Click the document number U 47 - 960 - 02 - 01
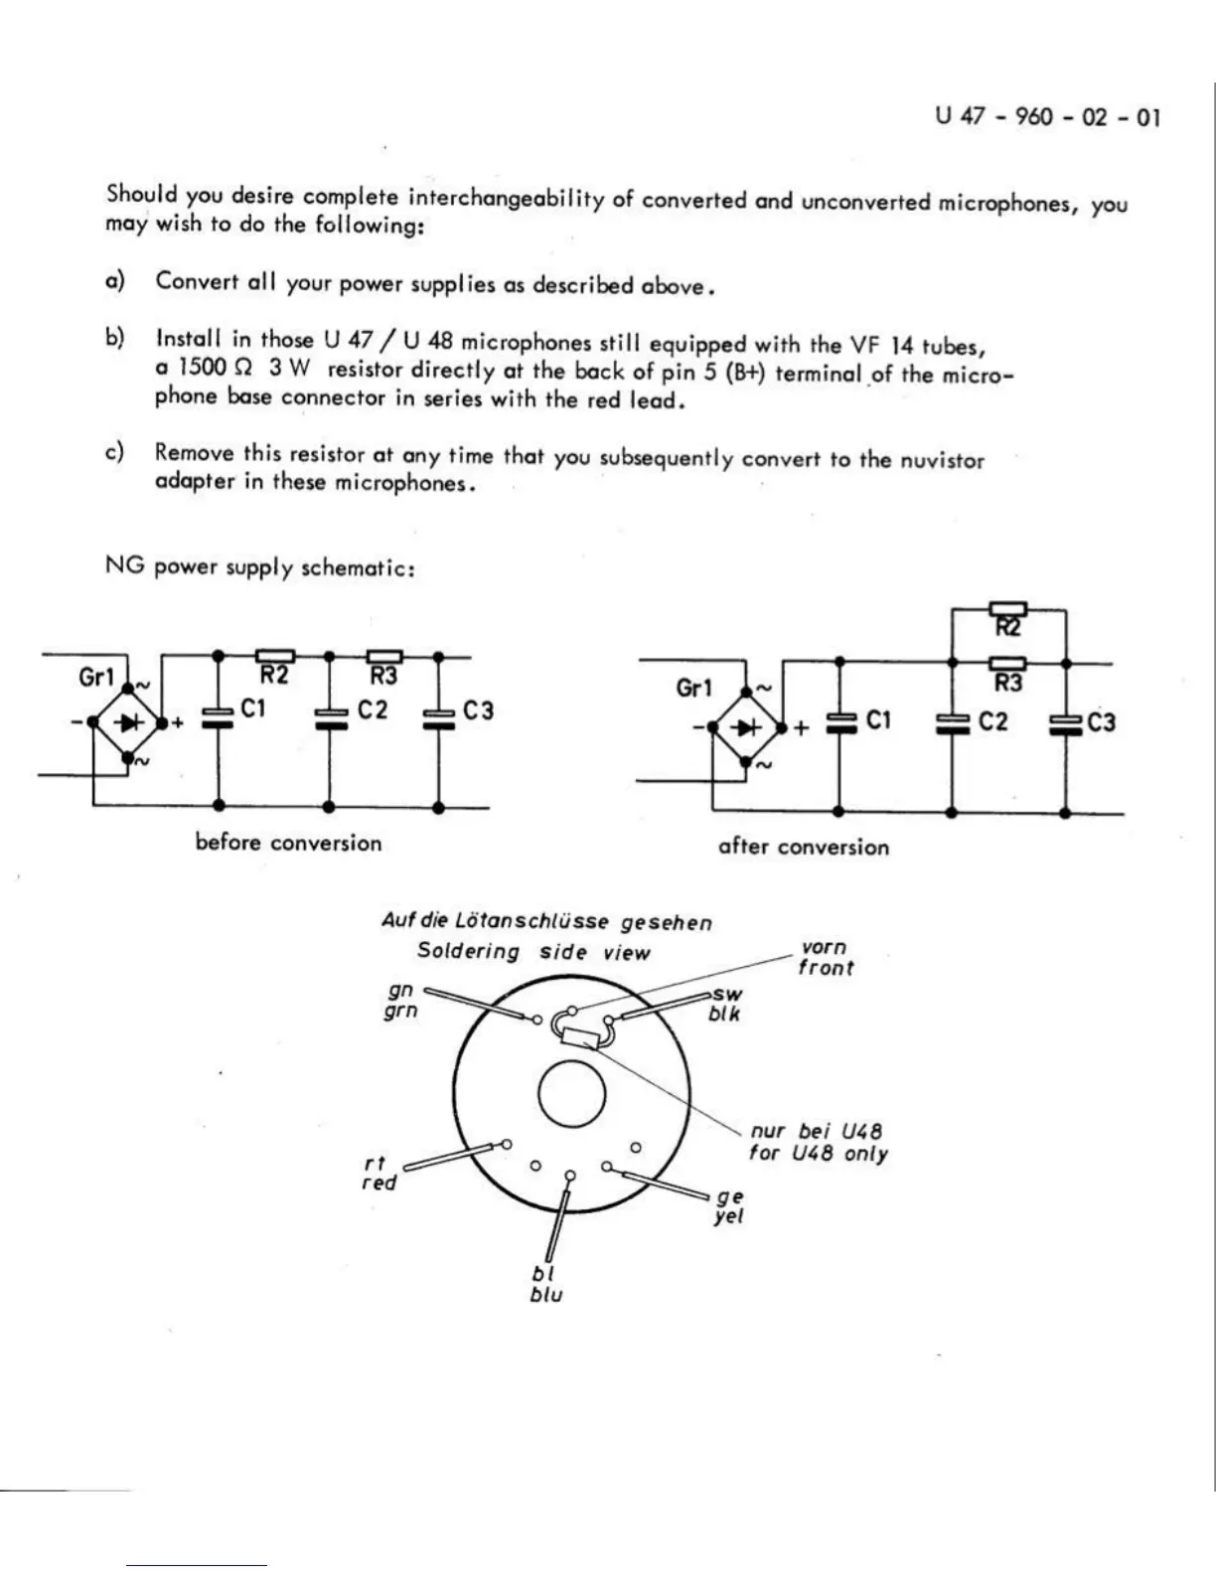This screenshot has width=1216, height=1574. click(x=1047, y=116)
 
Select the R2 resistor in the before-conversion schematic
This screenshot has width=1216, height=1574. click(x=275, y=657)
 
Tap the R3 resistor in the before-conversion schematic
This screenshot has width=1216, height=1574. click(x=384, y=657)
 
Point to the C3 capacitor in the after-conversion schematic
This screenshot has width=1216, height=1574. click(x=1065, y=723)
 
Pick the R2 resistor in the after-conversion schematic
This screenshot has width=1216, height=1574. click(x=1007, y=610)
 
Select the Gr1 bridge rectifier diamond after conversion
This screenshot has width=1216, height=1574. click(x=746, y=727)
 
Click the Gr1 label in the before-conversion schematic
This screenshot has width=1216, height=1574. click(x=96, y=677)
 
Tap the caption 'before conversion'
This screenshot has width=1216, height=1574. click(x=288, y=843)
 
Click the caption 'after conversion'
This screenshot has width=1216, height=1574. click(x=803, y=847)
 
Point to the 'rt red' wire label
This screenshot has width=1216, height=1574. click(x=379, y=1173)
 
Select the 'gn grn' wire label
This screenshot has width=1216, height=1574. click(x=401, y=1001)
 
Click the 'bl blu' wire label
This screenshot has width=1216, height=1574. click(x=545, y=1284)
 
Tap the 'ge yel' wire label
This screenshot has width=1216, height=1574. click(x=729, y=1206)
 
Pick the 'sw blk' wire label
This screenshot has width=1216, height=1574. click(x=725, y=1004)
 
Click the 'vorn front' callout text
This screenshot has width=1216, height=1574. click(x=825, y=958)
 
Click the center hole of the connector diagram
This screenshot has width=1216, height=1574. click(x=571, y=1095)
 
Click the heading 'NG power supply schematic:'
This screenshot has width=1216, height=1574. click(x=259, y=567)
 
